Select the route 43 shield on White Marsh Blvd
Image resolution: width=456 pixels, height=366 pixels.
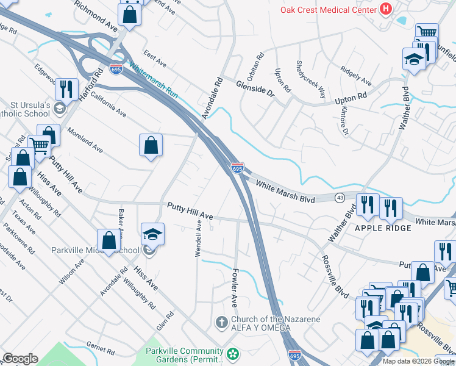click(340, 198)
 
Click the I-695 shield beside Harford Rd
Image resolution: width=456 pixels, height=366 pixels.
click(116, 69)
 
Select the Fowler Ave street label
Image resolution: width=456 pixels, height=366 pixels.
click(233, 290)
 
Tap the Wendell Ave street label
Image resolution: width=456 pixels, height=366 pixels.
click(198, 239)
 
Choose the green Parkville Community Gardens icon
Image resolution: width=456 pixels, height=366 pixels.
click(232, 354)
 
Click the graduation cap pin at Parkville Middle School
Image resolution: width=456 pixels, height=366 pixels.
click(152, 234)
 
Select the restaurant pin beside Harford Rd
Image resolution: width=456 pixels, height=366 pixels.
click(66, 88)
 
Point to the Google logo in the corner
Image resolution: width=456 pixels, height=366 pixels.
click(20, 359)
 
